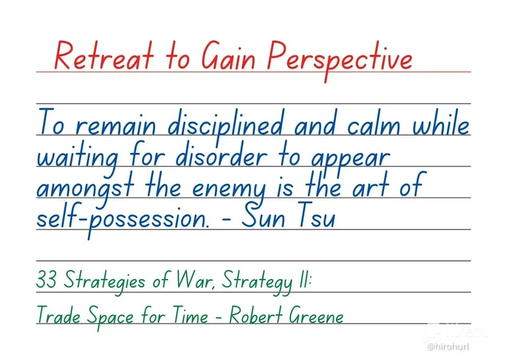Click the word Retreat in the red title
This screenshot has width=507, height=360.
point(104,56)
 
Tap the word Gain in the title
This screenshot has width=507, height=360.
point(228,56)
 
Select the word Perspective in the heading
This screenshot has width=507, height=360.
point(340,60)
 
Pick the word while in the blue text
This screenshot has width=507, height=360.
point(441,123)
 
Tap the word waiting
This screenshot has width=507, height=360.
point(78,159)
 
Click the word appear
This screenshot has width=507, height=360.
point(351,159)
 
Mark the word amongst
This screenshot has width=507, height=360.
point(85,189)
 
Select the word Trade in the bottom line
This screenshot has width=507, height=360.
point(59,314)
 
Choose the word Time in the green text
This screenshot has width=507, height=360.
point(190,314)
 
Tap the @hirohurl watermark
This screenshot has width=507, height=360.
point(448,347)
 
